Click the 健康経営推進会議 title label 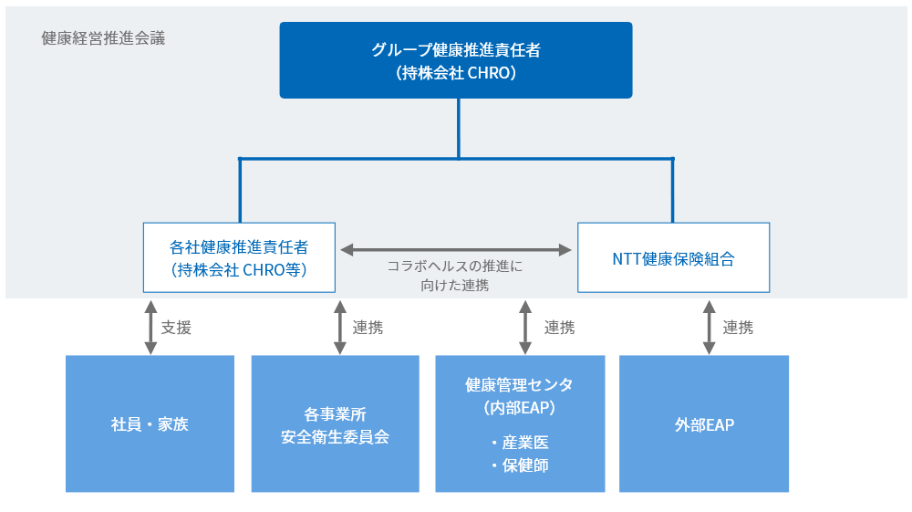coord(104,38)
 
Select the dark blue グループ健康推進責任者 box coord(456,60)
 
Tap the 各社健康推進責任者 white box coord(239,257)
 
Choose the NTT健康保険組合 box coord(674,257)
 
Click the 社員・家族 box coord(150,423)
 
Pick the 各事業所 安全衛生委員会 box coord(335,423)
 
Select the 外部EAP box coord(704,423)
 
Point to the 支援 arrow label coord(176,328)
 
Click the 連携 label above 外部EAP coord(738,328)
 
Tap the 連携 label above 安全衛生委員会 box coord(368,328)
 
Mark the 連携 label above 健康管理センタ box coord(560,328)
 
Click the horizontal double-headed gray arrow coord(456,250)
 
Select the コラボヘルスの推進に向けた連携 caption coord(455,276)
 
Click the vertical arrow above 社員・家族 coord(150,327)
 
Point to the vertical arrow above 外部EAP coord(709,327)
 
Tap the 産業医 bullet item coord(520,442)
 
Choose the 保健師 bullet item coord(520,465)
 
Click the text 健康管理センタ coord(519,384)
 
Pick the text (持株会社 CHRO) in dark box coord(456,73)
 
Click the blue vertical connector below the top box coord(459,128)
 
